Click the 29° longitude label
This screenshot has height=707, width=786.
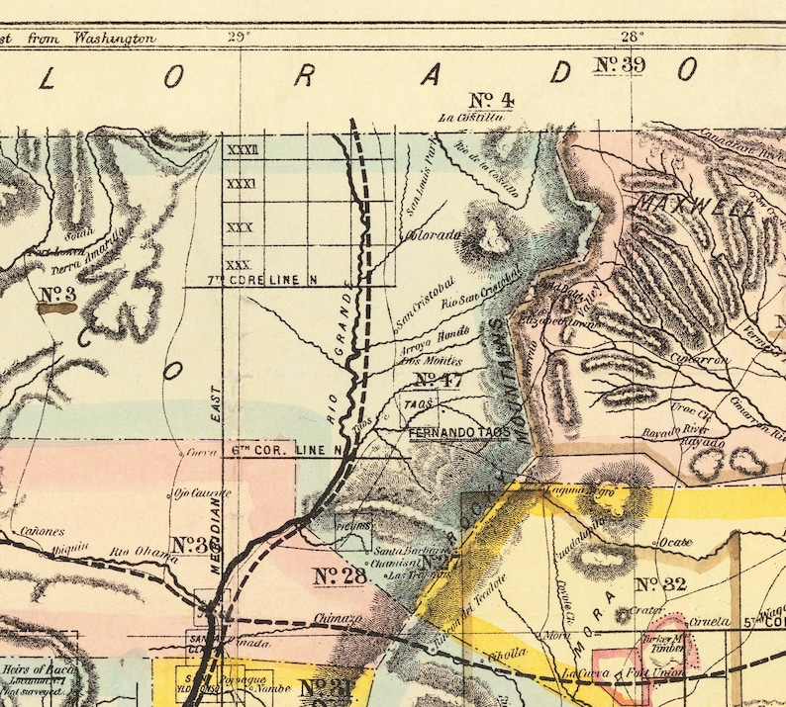(239, 38)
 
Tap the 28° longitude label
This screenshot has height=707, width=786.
(632, 38)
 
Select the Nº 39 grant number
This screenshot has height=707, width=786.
(621, 65)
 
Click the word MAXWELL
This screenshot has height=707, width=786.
(679, 204)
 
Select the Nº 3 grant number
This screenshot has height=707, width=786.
(58, 294)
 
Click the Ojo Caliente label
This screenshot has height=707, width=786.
(202, 491)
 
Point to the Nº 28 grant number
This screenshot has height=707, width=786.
(340, 574)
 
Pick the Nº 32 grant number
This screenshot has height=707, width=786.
(661, 584)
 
